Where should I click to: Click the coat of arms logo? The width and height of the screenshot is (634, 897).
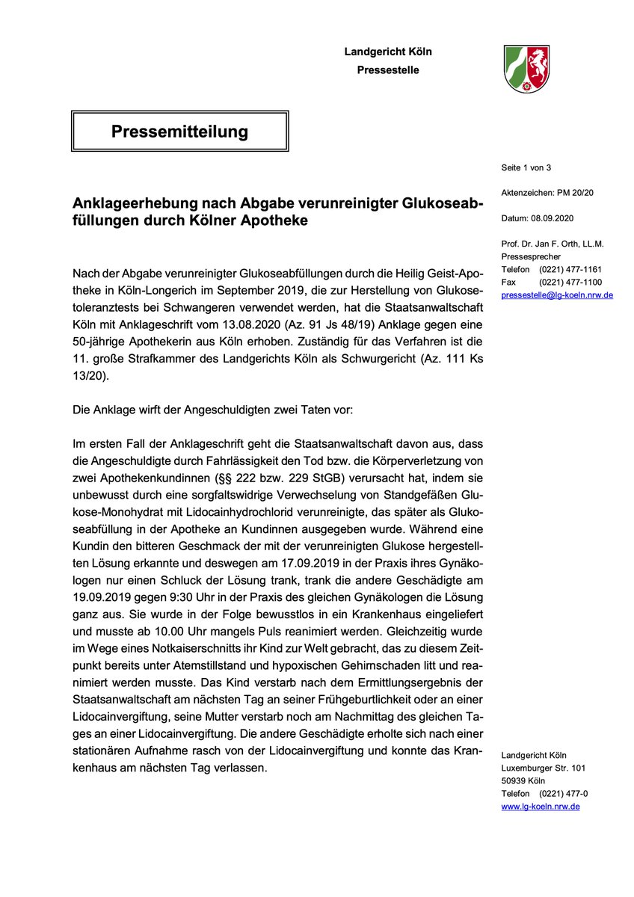tap(526, 68)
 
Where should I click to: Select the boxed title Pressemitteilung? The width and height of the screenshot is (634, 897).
tap(179, 132)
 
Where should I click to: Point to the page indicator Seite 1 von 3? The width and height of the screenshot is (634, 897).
tap(526, 167)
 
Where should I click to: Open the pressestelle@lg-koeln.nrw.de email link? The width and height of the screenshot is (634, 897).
tap(557, 295)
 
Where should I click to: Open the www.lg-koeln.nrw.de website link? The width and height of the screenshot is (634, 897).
tap(541, 807)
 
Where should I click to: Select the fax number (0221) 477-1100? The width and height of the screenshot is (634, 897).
tap(573, 282)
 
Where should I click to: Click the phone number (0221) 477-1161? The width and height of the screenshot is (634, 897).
tap(573, 269)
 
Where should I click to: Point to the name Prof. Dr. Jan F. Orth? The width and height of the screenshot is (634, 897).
tap(546, 244)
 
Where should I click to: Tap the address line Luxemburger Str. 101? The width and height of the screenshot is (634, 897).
tap(543, 768)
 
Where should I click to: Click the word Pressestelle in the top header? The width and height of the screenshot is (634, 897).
tap(388, 70)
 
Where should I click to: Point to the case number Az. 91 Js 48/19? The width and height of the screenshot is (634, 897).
tap(340, 327)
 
